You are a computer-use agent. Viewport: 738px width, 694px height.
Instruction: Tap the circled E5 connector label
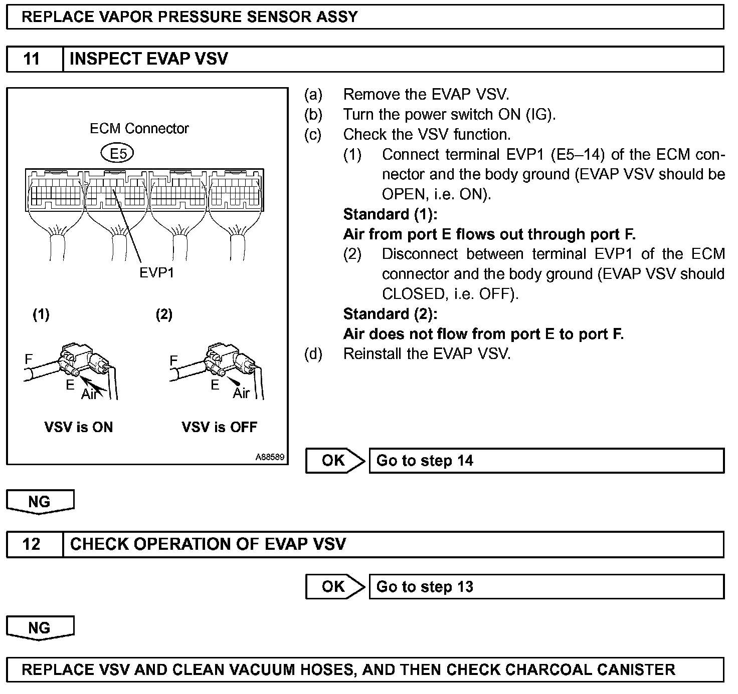pyautogui.click(x=118, y=154)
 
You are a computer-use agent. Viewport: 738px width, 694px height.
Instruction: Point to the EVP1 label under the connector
pyautogui.click(x=156, y=273)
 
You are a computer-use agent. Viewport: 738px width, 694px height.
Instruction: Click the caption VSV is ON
pyautogui.click(x=79, y=427)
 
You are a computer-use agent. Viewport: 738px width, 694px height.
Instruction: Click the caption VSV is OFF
pyautogui.click(x=219, y=427)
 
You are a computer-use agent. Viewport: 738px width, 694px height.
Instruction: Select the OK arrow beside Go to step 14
pyautogui.click(x=335, y=461)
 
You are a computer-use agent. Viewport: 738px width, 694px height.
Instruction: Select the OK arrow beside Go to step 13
pyautogui.click(x=335, y=586)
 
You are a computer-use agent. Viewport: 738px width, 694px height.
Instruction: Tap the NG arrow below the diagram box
pyautogui.click(x=40, y=502)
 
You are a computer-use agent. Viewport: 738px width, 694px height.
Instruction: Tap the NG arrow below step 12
pyautogui.click(x=40, y=628)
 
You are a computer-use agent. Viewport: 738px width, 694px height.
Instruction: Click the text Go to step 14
pyautogui.click(x=425, y=461)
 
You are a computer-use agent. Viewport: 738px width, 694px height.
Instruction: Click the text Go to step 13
pyautogui.click(x=425, y=586)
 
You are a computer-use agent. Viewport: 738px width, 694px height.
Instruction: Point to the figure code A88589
pyautogui.click(x=270, y=457)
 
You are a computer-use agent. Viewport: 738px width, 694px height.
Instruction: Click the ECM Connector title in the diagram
pyautogui.click(x=139, y=129)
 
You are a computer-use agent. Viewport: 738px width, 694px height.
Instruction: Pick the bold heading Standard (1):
pyautogui.click(x=390, y=214)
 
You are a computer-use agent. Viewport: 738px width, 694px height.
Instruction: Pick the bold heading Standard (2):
pyautogui.click(x=390, y=314)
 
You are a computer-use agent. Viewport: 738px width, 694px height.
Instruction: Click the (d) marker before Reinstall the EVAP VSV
pyautogui.click(x=313, y=354)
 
